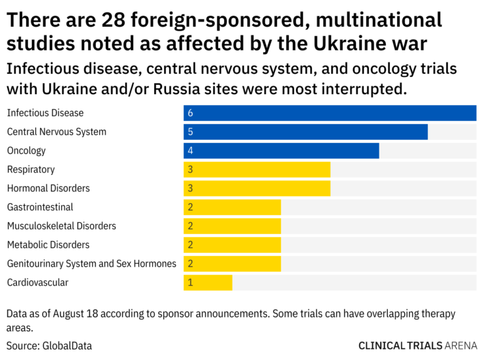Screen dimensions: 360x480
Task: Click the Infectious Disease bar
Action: pyautogui.click(x=330, y=113)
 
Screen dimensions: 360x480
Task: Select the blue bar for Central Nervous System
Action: pyautogui.click(x=305, y=132)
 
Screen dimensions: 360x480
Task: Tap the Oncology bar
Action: pyautogui.click(x=281, y=151)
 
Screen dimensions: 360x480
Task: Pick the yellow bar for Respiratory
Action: pyautogui.click(x=257, y=170)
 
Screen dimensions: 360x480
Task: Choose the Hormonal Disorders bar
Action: pyautogui.click(x=257, y=189)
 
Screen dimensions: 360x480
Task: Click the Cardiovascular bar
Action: pyautogui.click(x=208, y=283)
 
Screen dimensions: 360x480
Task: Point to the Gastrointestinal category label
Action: pyautogui.click(x=40, y=207)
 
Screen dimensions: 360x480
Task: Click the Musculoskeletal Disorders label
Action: pyautogui.click(x=61, y=226)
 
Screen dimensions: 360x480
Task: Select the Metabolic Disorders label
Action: pyautogui.click(x=48, y=245)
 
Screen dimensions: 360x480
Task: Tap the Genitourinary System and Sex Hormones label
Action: pyautogui.click(x=91, y=264)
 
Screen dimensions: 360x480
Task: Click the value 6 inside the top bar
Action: pyautogui.click(x=190, y=113)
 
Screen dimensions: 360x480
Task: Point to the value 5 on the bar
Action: pyautogui.click(x=190, y=132)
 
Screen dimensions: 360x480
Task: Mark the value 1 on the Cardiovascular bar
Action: pyautogui.click(x=190, y=283)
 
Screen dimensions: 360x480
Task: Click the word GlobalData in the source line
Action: pyautogui.click(x=67, y=345)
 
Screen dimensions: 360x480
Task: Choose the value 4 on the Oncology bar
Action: pyautogui.click(x=190, y=151)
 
